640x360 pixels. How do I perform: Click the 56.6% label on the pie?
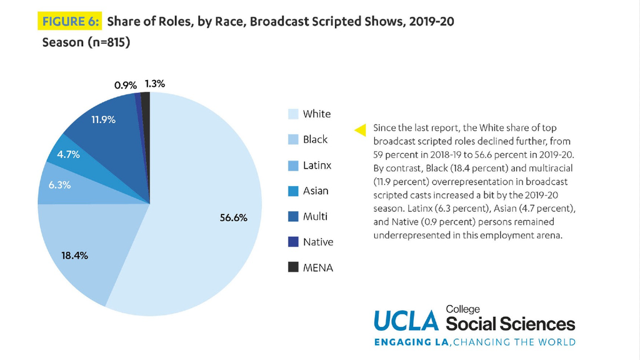[x=234, y=217]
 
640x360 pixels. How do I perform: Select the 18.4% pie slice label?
[x=75, y=256]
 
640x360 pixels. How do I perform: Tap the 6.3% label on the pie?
[x=59, y=185]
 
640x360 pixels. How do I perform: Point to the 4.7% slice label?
[x=68, y=154]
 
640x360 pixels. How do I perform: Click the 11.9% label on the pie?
[x=103, y=119]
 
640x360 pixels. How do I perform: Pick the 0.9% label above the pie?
[x=125, y=85]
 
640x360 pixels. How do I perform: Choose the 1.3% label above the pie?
[x=155, y=84]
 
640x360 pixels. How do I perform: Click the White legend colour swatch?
[x=293, y=114]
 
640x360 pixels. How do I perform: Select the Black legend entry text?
[x=315, y=139]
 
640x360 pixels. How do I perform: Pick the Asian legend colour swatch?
[x=293, y=191]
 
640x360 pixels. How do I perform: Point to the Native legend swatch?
[x=293, y=242]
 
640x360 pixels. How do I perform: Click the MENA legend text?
[x=318, y=267]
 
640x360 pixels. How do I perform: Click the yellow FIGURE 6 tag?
[x=70, y=21]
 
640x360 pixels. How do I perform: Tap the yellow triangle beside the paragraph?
[x=360, y=130]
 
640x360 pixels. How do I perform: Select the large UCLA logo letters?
[x=406, y=321]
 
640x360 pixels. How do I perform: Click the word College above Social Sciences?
[x=462, y=309]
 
